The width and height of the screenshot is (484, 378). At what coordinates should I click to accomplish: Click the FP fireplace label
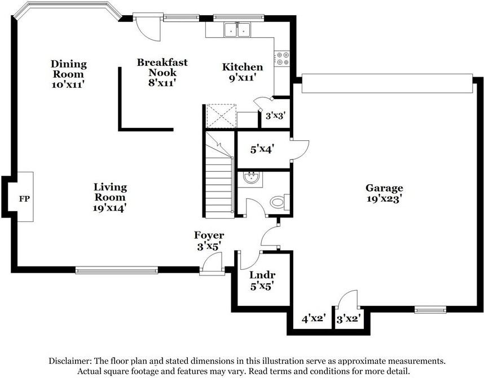tap(24, 199)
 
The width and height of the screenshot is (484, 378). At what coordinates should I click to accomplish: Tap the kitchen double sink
tap(237, 30)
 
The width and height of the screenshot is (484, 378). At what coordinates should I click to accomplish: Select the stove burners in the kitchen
tap(283, 59)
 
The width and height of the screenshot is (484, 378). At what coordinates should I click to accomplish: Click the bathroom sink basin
tap(252, 178)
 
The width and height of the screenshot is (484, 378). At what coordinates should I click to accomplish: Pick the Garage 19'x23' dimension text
tap(384, 198)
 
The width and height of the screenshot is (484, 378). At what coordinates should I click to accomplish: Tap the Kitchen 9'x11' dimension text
tap(243, 77)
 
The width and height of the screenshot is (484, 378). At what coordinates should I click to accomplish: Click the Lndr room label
tap(262, 275)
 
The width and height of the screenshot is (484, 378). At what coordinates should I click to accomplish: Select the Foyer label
tap(209, 235)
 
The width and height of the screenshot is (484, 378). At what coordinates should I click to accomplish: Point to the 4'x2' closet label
tap(314, 318)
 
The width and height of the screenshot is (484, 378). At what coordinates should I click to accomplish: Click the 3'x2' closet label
tap(349, 318)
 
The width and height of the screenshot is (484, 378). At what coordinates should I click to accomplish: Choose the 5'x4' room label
tap(262, 149)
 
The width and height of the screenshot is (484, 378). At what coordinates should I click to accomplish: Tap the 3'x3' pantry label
tap(275, 116)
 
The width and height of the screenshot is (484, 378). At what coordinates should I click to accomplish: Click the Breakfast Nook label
tap(162, 67)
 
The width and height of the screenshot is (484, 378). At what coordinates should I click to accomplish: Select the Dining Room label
tap(68, 69)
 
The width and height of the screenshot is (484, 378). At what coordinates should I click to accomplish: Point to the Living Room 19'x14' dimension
tap(109, 208)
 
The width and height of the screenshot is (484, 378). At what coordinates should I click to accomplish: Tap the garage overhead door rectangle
tap(387, 83)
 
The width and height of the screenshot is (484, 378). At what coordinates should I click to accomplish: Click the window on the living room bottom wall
tap(117, 270)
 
